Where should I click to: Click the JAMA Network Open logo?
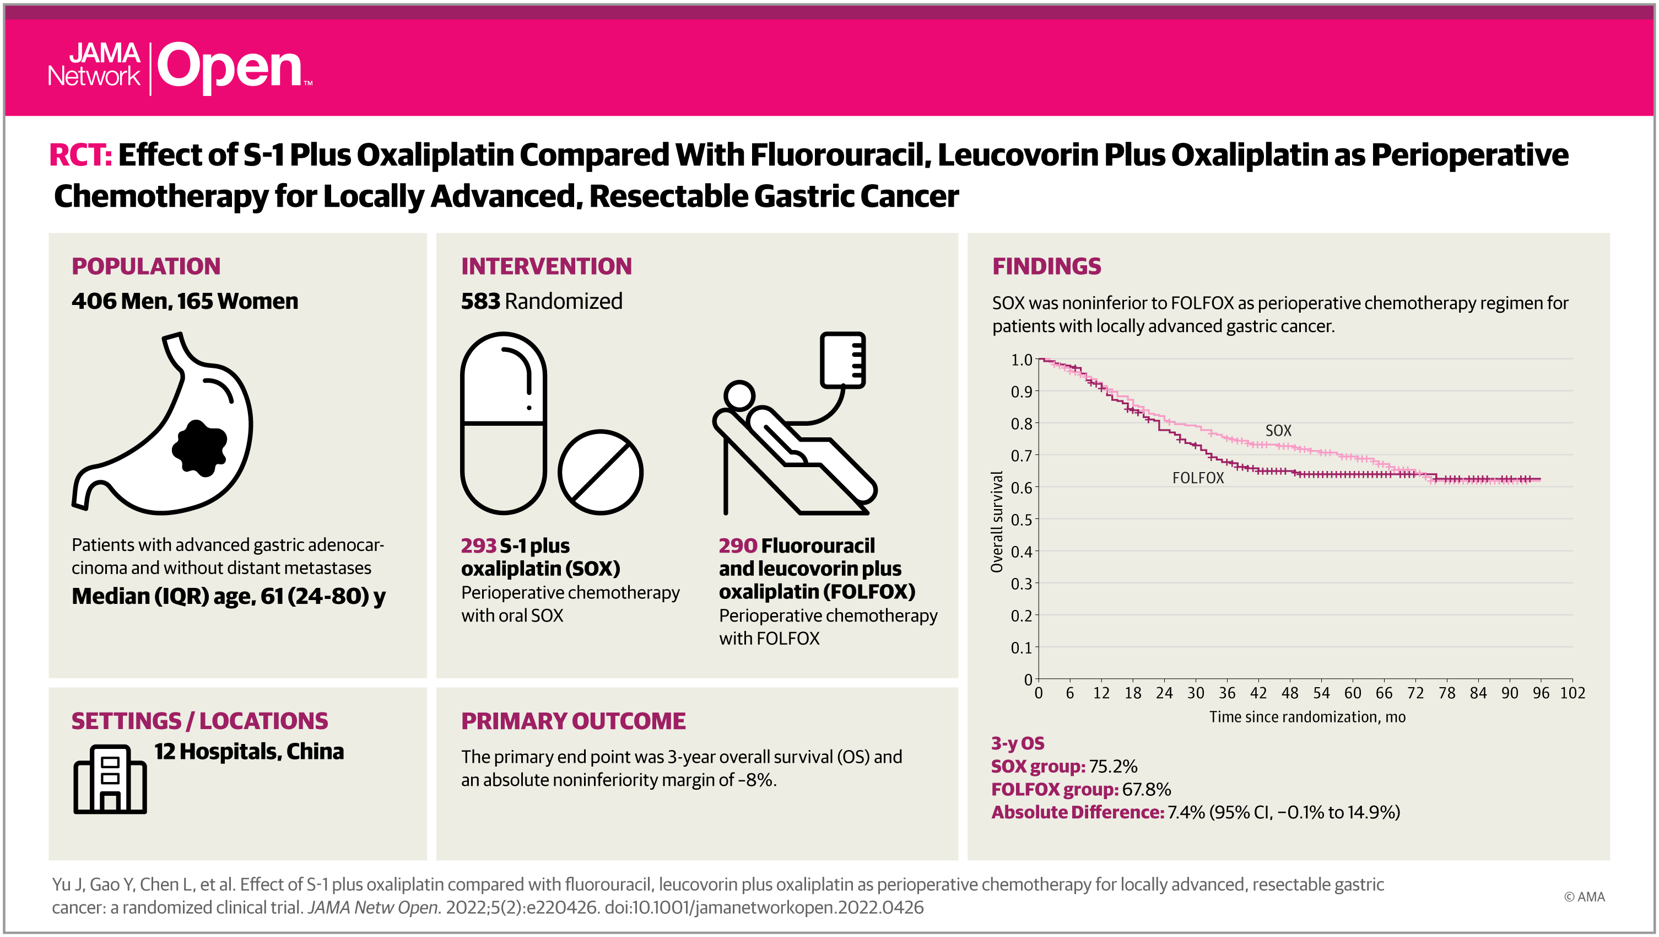point(180,68)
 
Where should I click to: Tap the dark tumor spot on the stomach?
point(199,448)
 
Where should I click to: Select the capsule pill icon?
point(504,423)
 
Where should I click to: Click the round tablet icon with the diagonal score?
point(600,473)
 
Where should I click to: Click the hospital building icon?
point(110,779)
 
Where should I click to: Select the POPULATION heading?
point(146,266)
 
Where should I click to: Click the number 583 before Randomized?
point(480,301)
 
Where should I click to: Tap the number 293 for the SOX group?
point(478,546)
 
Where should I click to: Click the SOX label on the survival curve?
point(1278,431)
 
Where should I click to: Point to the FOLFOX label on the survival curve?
point(1198,478)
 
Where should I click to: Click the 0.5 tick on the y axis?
point(1021,520)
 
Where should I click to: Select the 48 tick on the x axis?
point(1290,693)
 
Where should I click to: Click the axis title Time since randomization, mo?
point(1307,716)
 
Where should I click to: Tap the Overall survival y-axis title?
point(997,522)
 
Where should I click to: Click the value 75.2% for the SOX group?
point(1113,766)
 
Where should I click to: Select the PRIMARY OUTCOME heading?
point(573,721)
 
